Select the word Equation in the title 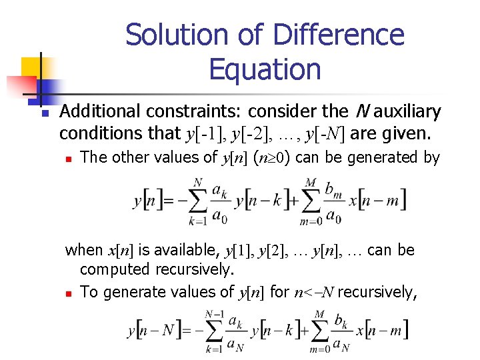[265, 69]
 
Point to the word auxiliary [403, 111]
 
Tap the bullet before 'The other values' [69, 159]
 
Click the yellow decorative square [31, 68]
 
